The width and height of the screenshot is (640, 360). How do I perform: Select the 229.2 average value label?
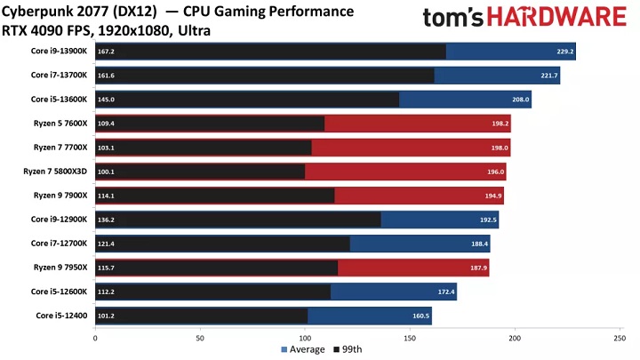(562, 52)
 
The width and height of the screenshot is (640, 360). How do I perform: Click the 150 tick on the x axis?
(410, 338)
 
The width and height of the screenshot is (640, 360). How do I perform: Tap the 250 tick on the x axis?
(620, 338)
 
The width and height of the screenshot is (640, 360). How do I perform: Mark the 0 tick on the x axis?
(95, 338)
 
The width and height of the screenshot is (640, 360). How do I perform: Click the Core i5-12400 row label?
(62, 316)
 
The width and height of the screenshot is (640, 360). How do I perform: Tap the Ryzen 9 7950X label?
(61, 268)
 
